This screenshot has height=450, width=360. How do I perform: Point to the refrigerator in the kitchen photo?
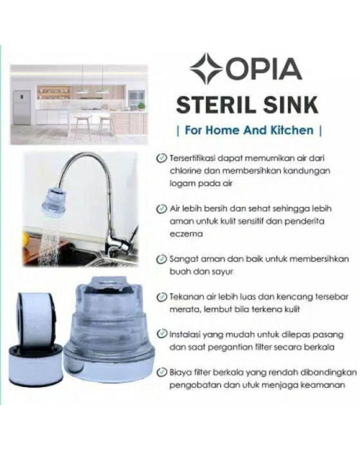point(22,106)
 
